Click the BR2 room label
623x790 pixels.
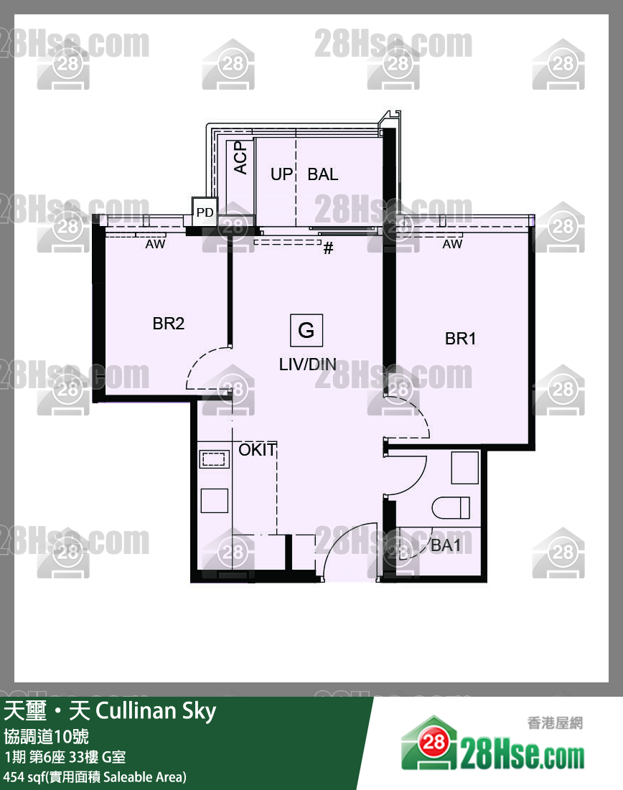169,323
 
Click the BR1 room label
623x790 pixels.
460,339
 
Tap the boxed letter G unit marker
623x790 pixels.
306,331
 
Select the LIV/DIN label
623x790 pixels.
307,365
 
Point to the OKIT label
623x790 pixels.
258,449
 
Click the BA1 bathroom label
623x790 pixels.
446,545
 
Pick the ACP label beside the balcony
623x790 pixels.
241,157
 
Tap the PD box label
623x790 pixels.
205,212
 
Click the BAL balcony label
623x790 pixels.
322,174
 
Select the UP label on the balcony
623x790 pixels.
281,174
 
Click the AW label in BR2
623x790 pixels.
155,244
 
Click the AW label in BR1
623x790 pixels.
452,244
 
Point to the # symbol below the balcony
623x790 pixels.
328,248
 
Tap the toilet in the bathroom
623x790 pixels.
451,507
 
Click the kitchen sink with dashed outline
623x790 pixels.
214,459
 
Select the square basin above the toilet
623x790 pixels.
464,468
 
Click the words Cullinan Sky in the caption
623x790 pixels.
156,711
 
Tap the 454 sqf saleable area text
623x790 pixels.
95,777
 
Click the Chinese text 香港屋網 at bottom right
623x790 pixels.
555,723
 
